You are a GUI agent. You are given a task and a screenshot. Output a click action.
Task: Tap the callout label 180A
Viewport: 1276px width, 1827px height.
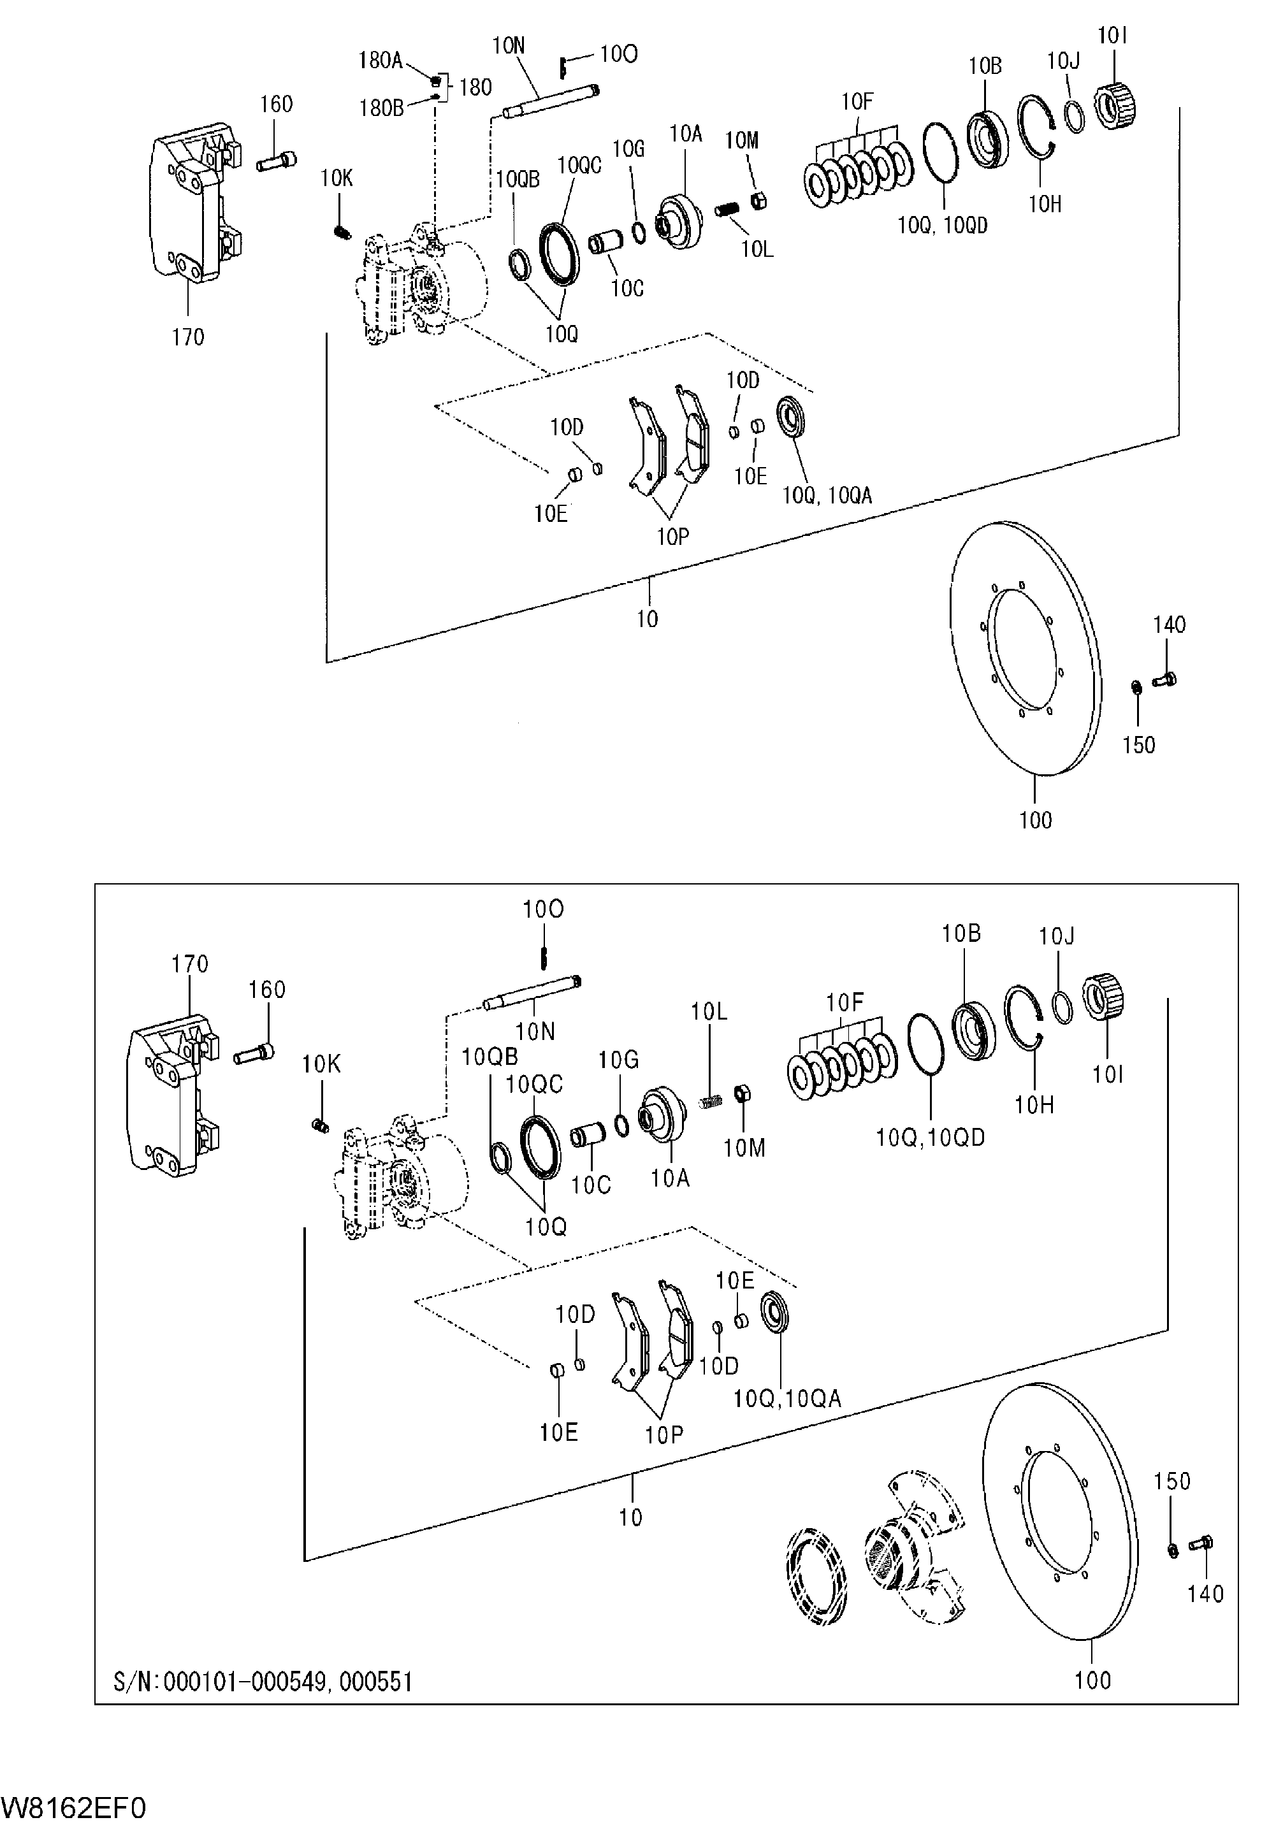(381, 61)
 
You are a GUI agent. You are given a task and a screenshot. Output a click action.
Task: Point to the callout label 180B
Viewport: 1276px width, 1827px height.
(381, 108)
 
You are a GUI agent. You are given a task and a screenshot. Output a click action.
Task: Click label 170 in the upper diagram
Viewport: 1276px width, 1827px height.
(188, 337)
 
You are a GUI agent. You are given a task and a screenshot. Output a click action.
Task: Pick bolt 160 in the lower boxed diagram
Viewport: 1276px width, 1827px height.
(255, 1055)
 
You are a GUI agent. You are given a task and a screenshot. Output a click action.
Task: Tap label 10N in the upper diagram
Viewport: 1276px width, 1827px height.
(509, 45)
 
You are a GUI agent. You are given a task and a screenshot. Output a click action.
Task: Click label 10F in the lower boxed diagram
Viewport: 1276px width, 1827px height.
(845, 1002)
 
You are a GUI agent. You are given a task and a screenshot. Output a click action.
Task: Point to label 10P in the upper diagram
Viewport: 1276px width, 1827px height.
(672, 537)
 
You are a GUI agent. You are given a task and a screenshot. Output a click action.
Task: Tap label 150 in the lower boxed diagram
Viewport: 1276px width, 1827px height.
(1173, 1481)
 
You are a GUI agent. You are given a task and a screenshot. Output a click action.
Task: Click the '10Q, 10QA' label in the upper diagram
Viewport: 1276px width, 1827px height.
(827, 496)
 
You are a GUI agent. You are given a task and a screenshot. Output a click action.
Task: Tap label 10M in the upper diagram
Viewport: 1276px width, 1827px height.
(742, 141)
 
